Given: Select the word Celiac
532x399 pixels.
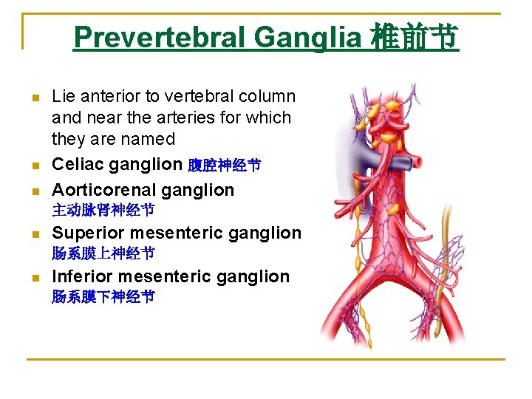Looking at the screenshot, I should pyautogui.click(x=78, y=165).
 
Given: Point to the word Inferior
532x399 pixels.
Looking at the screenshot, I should pyautogui.click(x=81, y=277).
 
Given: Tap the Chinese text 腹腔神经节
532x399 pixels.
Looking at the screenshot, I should pyautogui.click(x=224, y=166).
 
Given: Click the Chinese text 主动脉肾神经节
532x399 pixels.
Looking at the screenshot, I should pyautogui.click(x=103, y=211).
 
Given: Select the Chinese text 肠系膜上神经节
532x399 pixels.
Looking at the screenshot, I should pyautogui.click(x=103, y=254).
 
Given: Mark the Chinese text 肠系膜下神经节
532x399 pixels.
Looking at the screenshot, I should pyautogui.click(x=103, y=298).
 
